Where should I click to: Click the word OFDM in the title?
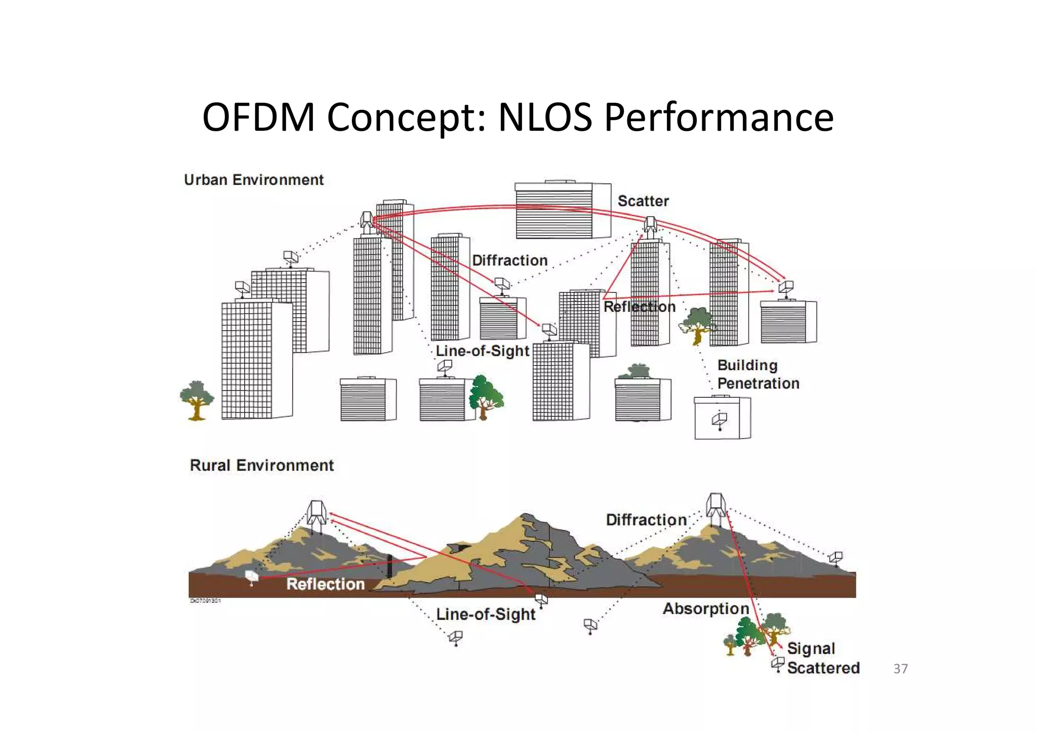coord(258,118)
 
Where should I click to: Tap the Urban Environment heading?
coord(254,180)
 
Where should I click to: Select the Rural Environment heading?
coord(261,465)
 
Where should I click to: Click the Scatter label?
coord(643,201)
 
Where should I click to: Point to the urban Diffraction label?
coord(509,260)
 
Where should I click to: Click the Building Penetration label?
coord(757,374)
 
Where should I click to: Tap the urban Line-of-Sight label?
coord(482,351)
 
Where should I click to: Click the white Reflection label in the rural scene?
coord(325,584)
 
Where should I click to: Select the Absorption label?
coord(705,608)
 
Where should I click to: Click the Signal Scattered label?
coord(823,658)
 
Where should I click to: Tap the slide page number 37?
coord(900,669)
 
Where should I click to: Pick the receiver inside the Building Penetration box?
coord(720,420)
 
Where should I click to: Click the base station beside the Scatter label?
coord(650,225)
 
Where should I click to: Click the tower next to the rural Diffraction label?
coord(716,508)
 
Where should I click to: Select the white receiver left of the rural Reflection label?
coord(252,576)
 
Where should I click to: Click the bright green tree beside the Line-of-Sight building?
coord(485,397)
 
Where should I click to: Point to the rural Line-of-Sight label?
coord(485,614)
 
